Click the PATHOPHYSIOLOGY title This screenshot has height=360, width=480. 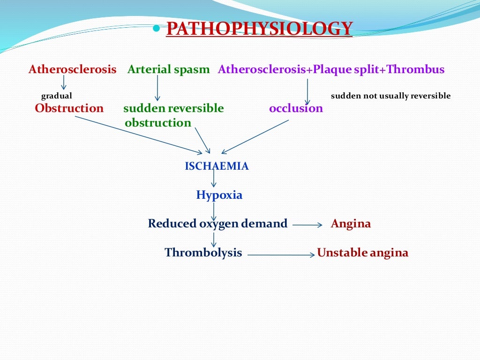[x=259, y=29]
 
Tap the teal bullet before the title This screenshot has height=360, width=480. [x=157, y=29]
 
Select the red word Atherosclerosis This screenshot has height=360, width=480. [x=72, y=70]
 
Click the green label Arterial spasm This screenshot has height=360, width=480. [x=168, y=70]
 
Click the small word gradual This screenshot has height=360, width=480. [x=57, y=96]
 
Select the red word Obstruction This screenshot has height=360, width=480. [x=69, y=108]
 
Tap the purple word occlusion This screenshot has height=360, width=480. [x=296, y=108]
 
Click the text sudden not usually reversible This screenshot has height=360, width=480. [x=390, y=96]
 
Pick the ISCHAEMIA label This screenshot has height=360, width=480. [x=217, y=166]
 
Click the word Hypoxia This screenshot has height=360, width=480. [x=219, y=195]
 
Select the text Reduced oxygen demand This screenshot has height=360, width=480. [x=217, y=224]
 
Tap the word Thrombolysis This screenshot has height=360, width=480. [x=203, y=253]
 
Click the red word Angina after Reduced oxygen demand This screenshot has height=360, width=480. [x=351, y=224]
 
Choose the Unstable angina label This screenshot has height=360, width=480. [x=362, y=253]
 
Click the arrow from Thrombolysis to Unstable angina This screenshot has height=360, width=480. [x=280, y=255]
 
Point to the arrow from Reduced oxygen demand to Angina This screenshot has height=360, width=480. [x=307, y=225]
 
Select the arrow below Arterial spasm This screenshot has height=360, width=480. [x=157, y=88]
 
